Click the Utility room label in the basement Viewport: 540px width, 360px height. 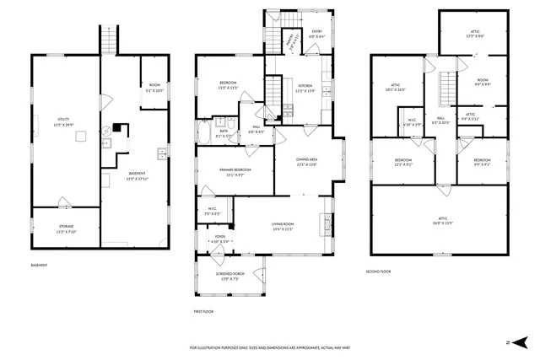64,122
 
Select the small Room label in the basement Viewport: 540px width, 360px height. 154,88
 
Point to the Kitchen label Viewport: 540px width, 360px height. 305,88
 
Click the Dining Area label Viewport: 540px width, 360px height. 306,162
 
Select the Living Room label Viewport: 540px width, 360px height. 282,226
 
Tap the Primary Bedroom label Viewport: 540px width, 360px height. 236,172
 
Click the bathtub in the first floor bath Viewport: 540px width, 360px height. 205,133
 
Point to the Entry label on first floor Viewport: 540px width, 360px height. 316,34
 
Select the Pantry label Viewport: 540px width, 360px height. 289,39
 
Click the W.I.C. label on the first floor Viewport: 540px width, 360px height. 213,212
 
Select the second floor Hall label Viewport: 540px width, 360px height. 440,121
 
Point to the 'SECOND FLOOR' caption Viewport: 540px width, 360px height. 378,271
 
